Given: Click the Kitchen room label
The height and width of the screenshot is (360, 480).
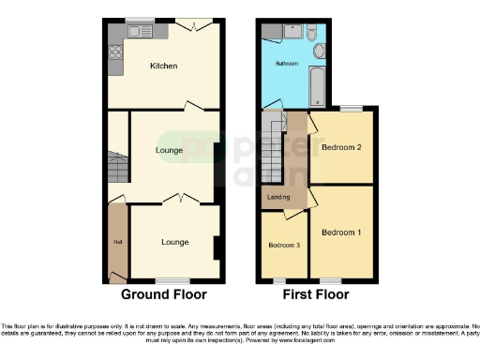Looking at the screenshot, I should tap(164, 67).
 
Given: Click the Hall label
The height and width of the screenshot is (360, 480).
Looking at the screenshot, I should tap(117, 243).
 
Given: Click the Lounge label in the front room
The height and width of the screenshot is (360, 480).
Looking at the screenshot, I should tap(174, 242).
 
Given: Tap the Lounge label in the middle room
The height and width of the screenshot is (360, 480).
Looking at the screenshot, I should tap(169, 151).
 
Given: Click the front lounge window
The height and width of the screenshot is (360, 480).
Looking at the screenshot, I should tap(170, 280).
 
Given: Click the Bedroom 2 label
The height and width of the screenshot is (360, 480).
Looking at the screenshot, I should tap(341, 148).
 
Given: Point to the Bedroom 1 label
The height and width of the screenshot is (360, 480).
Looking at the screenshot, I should tap(340, 232).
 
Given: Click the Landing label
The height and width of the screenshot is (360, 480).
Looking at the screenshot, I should tap(278, 196).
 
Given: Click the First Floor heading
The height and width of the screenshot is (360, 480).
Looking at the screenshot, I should tap(314, 294).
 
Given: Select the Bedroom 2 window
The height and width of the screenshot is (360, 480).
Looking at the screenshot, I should tap(351, 108).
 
